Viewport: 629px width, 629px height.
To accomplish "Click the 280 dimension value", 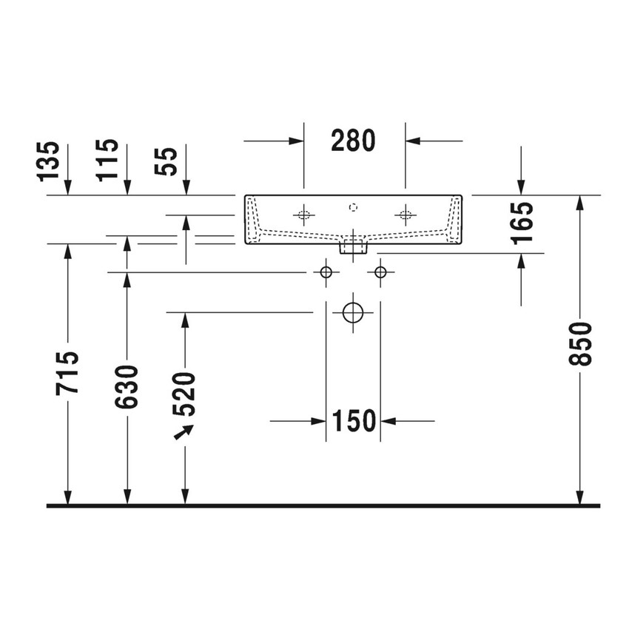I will click(x=353, y=140).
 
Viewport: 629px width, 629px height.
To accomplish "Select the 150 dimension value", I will click(x=353, y=421).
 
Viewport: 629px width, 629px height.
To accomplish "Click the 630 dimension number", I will click(x=127, y=386).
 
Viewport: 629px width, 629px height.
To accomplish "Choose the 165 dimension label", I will click(x=522, y=223).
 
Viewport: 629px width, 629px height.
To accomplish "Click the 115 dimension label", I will click(x=107, y=160).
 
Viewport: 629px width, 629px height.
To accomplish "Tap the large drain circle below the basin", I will click(x=353, y=312).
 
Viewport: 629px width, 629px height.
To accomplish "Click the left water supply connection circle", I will click(x=325, y=272).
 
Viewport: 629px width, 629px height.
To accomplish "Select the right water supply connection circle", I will click(x=380, y=272).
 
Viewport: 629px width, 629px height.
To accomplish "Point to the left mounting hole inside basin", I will click(x=303, y=215).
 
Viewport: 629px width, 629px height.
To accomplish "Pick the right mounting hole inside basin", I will click(x=404, y=215).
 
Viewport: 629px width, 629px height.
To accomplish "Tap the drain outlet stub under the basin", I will click(x=353, y=246).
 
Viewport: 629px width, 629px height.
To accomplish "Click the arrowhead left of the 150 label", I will click(x=319, y=421).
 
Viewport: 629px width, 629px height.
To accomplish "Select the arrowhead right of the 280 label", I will click(x=412, y=140).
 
